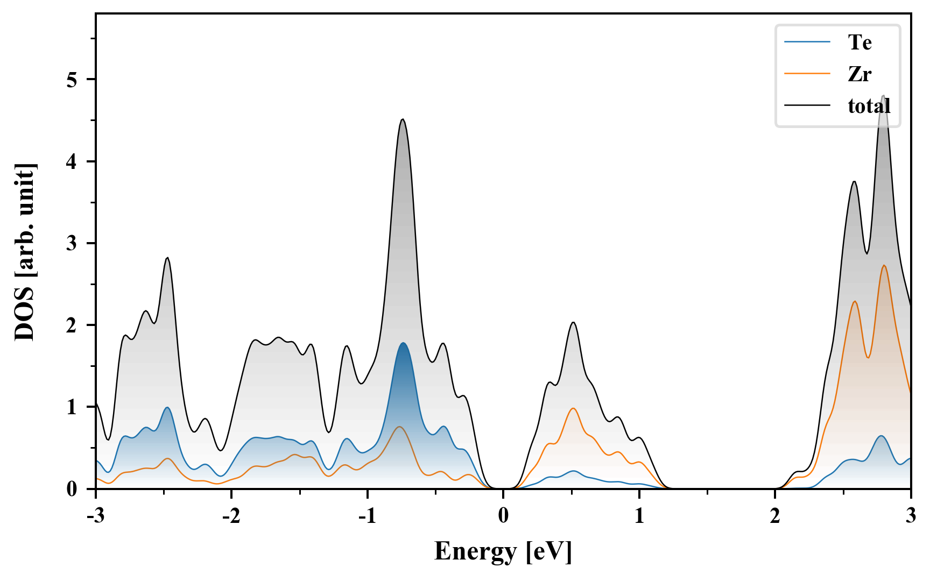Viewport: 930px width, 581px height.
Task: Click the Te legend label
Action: (x=859, y=42)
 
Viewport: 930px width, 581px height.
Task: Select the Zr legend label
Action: (x=859, y=74)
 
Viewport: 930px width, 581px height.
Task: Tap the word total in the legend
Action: (x=869, y=106)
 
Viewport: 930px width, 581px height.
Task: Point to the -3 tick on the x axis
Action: (x=95, y=516)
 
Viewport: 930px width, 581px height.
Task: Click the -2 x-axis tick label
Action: (x=231, y=516)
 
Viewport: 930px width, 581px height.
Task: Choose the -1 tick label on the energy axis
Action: (x=367, y=516)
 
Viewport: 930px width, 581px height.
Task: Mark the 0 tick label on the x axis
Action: (x=503, y=516)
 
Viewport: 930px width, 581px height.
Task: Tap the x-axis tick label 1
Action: (x=639, y=516)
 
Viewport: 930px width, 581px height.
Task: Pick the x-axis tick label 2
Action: (x=774, y=516)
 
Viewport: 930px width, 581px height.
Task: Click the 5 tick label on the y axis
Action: (x=72, y=80)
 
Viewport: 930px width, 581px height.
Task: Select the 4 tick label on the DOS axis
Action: (x=72, y=162)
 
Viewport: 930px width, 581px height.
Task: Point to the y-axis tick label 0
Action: (x=72, y=489)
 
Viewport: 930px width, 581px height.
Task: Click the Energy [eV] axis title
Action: (x=503, y=551)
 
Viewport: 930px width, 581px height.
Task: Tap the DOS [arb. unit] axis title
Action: (x=25, y=252)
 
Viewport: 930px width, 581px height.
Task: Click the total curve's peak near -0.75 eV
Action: (x=403, y=119)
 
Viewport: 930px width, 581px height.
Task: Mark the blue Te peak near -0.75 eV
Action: (x=403, y=343)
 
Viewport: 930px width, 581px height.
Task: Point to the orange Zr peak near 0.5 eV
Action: (x=573, y=408)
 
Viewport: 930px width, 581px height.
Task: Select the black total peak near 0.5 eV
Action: (x=573, y=322)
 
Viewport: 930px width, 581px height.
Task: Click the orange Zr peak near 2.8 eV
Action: (x=884, y=265)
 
